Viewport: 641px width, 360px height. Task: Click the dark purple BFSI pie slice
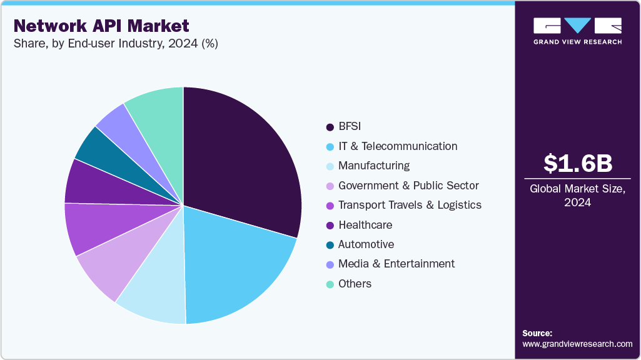241,159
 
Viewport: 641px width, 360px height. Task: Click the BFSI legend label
351,127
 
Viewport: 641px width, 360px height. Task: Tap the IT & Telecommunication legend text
398,146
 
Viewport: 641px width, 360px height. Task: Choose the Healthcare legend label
365,225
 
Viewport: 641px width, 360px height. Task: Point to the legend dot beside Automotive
330,245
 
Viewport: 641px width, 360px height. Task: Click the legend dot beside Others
330,284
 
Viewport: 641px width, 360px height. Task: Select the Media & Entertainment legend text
396,264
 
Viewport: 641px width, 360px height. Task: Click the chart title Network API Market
101,26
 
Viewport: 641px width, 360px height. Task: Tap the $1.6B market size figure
577,163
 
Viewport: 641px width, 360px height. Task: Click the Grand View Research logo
577,31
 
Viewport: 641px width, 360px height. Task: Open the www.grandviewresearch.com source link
577,344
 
